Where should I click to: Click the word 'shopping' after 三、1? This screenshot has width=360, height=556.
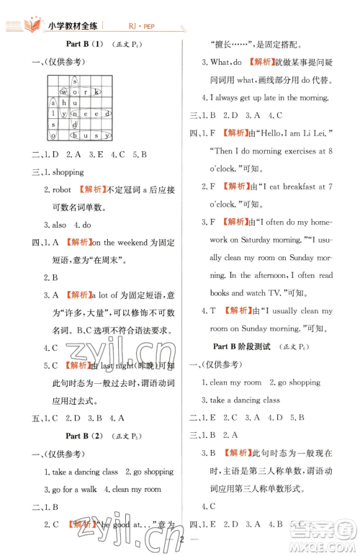pos(68,172)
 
